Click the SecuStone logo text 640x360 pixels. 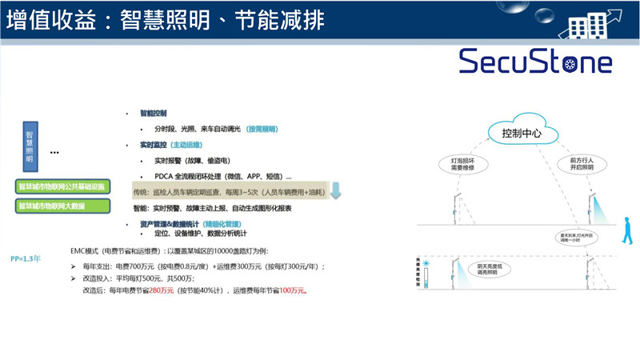(535, 61)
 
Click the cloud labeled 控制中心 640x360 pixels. (521, 133)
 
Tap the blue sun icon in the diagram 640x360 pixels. (429, 263)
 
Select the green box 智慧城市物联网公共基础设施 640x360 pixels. (61, 187)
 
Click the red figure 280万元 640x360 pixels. (163, 291)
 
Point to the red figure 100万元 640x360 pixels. (293, 291)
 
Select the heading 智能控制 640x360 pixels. (153, 113)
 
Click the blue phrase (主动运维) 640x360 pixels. (189, 145)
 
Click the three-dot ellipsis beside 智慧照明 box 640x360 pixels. (54, 152)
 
